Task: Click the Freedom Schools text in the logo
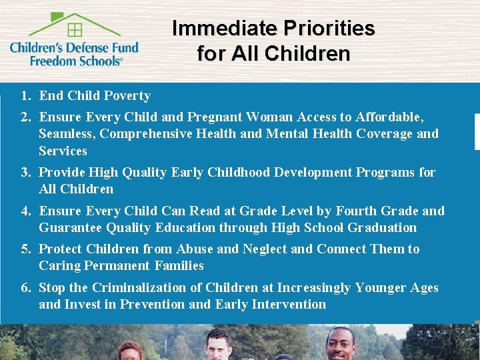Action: click(76, 60)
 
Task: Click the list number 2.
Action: click(25, 117)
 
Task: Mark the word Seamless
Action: click(67, 134)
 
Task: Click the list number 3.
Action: click(25, 173)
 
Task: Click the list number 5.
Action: click(25, 249)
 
